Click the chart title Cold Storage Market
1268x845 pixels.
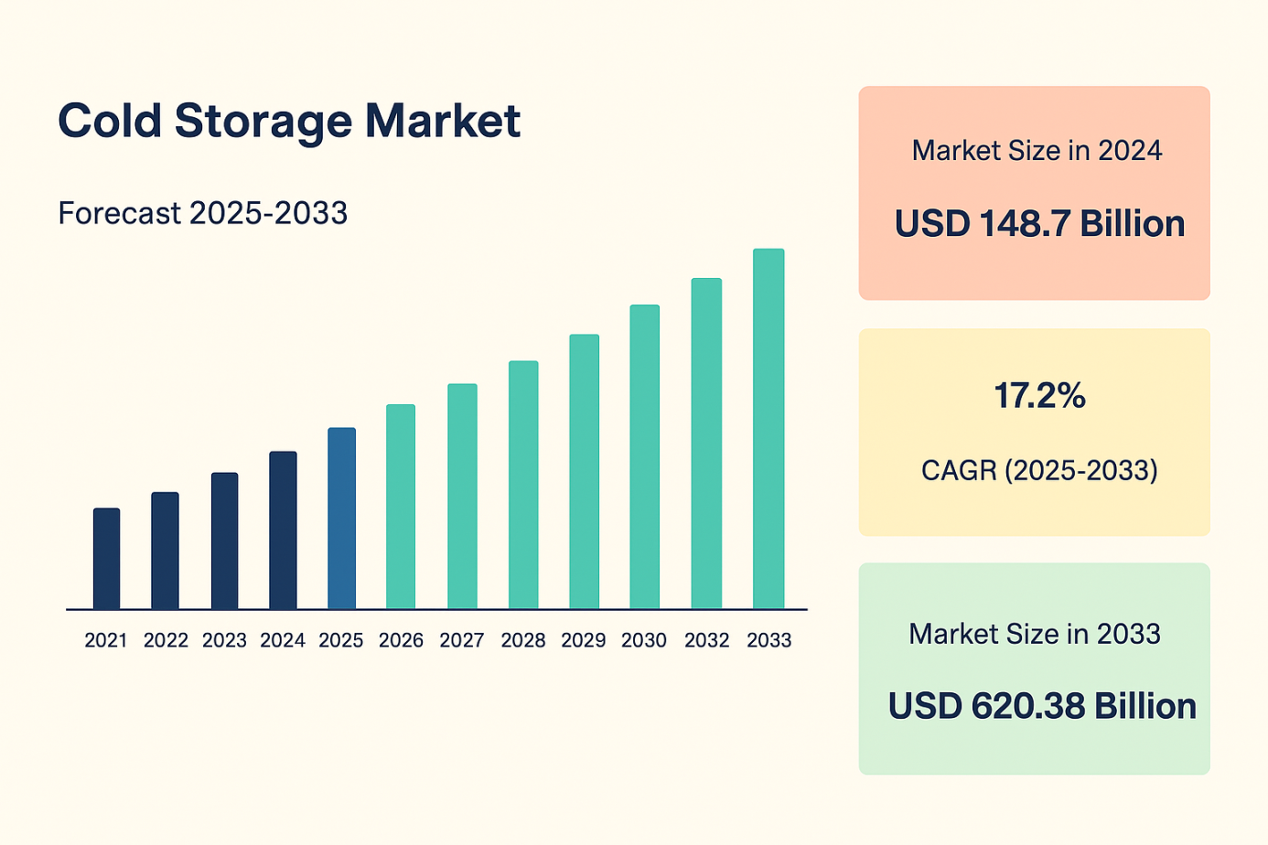pos(289,121)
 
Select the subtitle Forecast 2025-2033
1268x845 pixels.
pos(202,213)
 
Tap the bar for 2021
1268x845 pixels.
pos(106,559)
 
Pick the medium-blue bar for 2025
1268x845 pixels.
pos(341,519)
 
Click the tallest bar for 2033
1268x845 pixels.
pos(768,429)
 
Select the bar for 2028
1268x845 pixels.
pos(523,485)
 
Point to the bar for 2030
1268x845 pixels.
pos(644,457)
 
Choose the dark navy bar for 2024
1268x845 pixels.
pos(283,530)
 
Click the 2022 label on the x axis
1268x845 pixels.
pos(166,640)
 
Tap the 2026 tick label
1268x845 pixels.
pos(401,640)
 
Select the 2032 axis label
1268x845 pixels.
pos(706,640)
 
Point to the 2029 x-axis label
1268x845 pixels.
pos(584,640)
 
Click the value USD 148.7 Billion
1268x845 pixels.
pos(1039,224)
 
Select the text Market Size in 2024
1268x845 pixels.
pos(1037,150)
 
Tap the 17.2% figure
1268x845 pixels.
pos(1039,395)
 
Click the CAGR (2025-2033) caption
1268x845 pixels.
pos(1039,470)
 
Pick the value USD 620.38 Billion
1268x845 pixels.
pos(1042,706)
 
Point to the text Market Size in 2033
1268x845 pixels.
pos(1035,633)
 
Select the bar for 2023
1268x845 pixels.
pos(224,540)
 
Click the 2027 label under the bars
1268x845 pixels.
pos(462,640)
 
